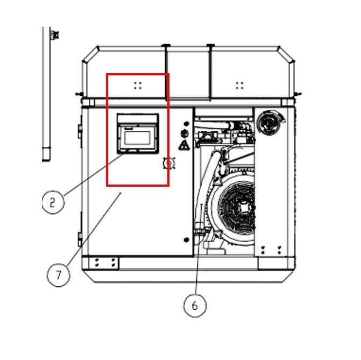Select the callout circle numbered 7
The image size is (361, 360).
coord(58,276)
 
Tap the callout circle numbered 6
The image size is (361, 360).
coord(195,306)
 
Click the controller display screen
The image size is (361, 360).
coord(138,138)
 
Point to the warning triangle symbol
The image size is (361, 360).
coord(183,145)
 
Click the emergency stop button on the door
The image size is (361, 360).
coord(168,162)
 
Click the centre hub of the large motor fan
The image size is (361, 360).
coord(242,205)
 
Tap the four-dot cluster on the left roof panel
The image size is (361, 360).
coord(138,85)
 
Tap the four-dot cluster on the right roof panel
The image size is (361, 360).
coord(239,85)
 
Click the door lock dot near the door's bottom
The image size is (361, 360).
coord(186,239)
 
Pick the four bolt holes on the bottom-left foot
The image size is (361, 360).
coord(105,262)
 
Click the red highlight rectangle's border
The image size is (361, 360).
coord(107,129)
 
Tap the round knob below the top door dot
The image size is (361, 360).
coord(183,132)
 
